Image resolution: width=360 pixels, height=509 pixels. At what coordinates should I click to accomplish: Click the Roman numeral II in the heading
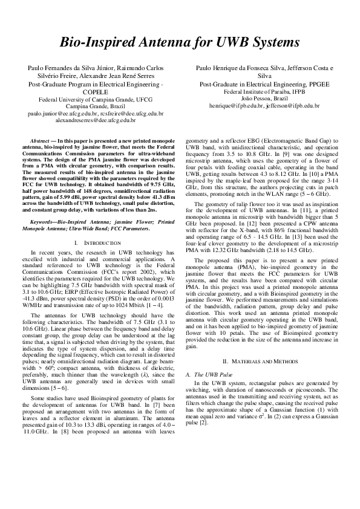pyautogui.click(x=225, y=360)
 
